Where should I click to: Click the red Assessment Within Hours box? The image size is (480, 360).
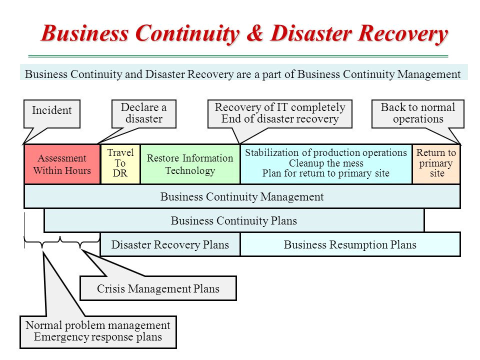click(62, 164)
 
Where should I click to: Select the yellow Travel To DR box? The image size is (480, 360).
click(120, 164)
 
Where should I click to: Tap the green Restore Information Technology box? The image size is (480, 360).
click(190, 164)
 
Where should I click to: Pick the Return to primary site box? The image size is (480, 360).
click(436, 164)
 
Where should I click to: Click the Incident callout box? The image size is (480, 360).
click(52, 111)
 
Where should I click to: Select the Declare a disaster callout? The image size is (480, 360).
click(143, 113)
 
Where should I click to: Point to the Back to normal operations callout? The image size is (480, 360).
click(418, 113)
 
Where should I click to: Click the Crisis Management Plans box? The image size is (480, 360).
click(158, 288)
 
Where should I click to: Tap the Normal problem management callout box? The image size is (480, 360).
click(98, 331)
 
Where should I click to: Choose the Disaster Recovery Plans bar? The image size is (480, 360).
click(170, 245)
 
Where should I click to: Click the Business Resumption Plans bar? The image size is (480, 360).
click(350, 245)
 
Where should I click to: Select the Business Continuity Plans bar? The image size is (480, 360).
click(234, 221)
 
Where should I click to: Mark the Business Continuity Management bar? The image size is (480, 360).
click(242, 197)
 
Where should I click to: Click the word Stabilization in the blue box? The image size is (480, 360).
click(272, 153)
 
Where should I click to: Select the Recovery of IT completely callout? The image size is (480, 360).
click(280, 113)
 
